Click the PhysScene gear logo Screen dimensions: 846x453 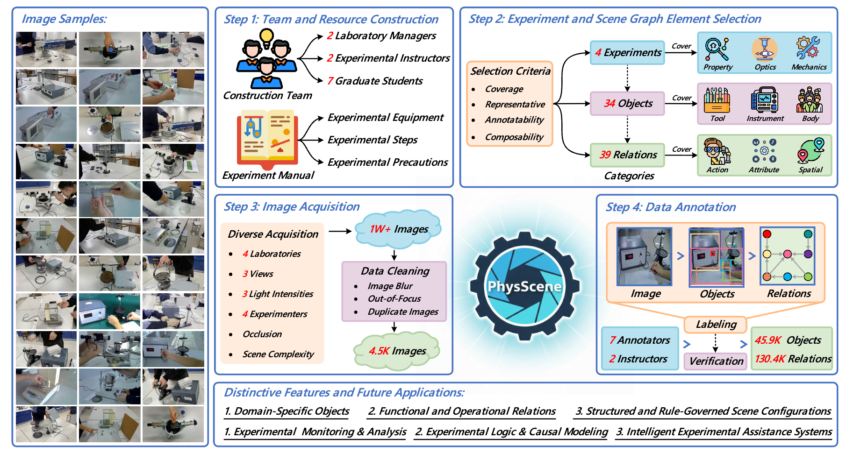point(524,286)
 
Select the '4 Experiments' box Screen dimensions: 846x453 point(627,52)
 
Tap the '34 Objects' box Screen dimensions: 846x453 point(627,103)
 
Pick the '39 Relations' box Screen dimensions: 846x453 point(627,155)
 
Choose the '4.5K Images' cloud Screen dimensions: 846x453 point(397,351)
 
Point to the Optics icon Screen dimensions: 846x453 point(765,49)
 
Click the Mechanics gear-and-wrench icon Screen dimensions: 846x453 point(808,49)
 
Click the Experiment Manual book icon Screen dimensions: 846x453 point(267,139)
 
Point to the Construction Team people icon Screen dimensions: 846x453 point(266,59)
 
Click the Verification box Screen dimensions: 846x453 point(716,361)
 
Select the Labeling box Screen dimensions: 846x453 point(716,324)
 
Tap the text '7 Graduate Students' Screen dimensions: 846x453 point(375,81)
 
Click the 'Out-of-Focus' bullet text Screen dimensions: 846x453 point(394,298)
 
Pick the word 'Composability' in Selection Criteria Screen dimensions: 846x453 point(514,137)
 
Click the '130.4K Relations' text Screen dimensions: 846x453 point(793,359)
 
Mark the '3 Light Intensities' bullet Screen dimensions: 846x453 point(278,294)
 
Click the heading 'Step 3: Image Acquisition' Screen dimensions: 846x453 point(292,206)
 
